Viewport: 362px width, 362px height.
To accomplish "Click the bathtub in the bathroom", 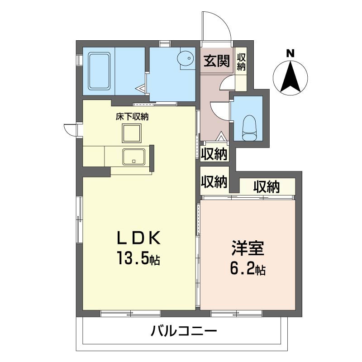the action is [99, 71].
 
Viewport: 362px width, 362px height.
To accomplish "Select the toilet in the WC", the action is [249, 128].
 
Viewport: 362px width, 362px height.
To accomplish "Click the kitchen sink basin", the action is [134, 157].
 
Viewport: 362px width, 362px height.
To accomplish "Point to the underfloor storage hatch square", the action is [132, 133].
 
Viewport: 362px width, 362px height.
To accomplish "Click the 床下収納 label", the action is [132, 117].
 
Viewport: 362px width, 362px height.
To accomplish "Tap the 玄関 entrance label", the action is [217, 61].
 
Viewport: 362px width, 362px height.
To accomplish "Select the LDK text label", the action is [139, 238].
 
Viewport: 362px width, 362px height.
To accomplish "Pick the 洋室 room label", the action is [248, 248].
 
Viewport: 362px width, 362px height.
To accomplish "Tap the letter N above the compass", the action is [290, 53].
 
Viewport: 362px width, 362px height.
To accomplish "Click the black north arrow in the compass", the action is [290, 76].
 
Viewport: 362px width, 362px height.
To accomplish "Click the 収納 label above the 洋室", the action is [267, 187].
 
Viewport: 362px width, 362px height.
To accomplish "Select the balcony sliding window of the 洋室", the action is [237, 313].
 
